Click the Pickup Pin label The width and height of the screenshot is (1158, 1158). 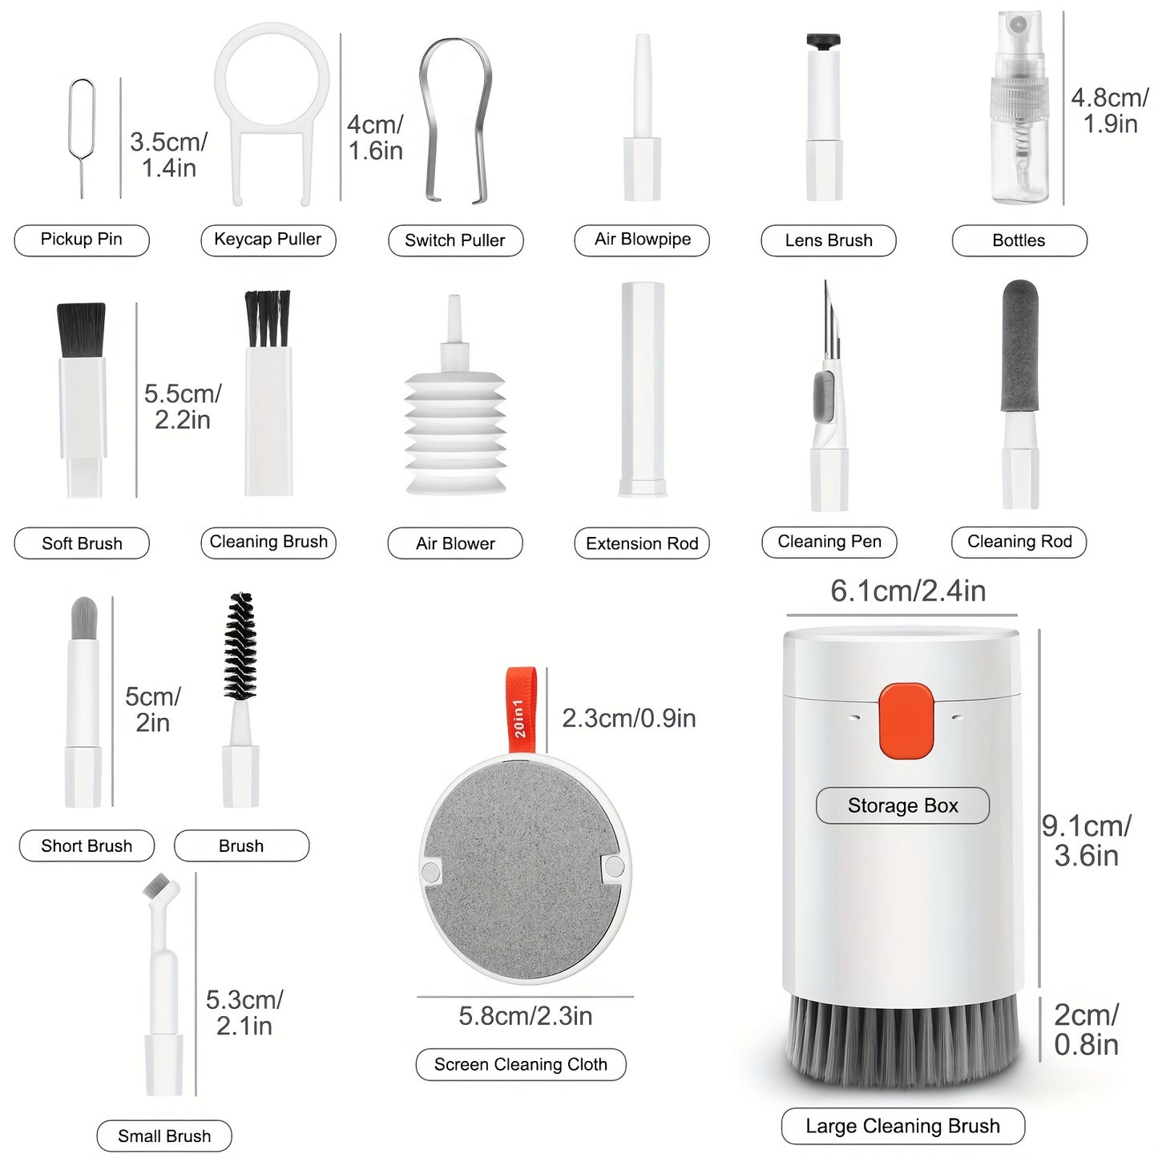point(82,240)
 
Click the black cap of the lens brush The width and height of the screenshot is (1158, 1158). point(823,42)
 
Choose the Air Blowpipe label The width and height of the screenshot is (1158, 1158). point(643,240)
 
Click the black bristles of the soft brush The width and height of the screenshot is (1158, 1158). point(81,330)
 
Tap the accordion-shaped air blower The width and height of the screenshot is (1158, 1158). point(455,409)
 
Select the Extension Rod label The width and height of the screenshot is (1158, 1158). point(642,543)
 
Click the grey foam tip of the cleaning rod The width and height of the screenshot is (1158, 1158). point(1020,345)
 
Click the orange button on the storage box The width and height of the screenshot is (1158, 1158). point(906,720)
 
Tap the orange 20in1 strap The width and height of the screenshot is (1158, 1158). point(520,709)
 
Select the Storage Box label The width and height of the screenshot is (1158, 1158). point(902,805)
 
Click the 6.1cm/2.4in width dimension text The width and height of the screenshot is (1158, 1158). point(908,591)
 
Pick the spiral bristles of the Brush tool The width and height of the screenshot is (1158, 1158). point(240,647)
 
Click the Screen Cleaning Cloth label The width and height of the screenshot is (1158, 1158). point(520,1064)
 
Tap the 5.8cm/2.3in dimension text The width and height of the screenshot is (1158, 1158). point(525,1015)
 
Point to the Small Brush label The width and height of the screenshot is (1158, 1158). point(164,1136)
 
